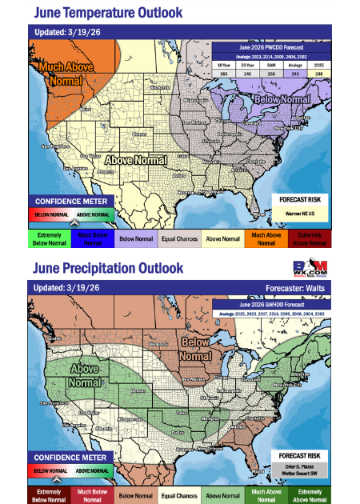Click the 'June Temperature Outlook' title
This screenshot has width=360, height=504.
click(x=109, y=13)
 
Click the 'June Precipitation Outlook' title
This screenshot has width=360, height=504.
click(x=109, y=268)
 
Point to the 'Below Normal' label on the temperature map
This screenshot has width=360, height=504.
click(x=282, y=99)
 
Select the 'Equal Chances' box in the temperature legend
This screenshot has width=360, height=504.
click(x=179, y=239)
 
